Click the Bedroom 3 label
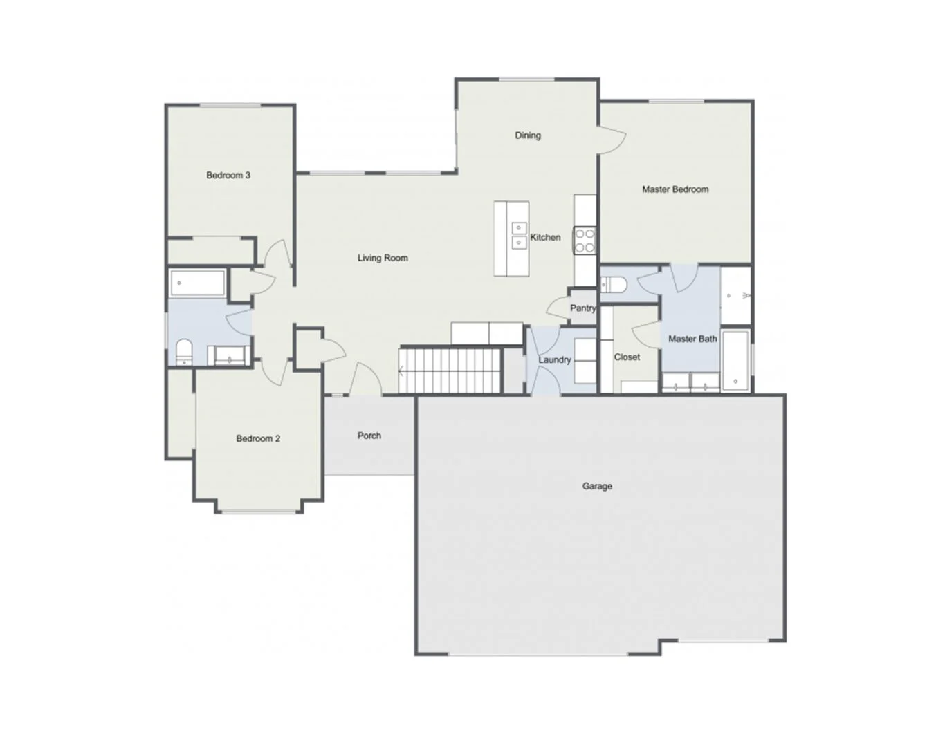(228, 175)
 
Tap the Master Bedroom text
(675, 189)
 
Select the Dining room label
(528, 135)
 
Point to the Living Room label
(383, 258)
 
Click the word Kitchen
(545, 237)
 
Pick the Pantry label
(582, 308)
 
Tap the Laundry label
(554, 359)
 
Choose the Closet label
(627, 357)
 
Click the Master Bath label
(692, 339)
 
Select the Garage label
(597, 486)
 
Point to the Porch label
(369, 436)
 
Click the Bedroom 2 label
(258, 438)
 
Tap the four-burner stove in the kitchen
(585, 241)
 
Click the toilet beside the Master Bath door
(613, 285)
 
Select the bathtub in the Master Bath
(735, 360)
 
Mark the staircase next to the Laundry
(450, 371)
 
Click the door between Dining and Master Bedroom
(612, 140)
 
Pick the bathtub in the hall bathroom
(197, 283)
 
